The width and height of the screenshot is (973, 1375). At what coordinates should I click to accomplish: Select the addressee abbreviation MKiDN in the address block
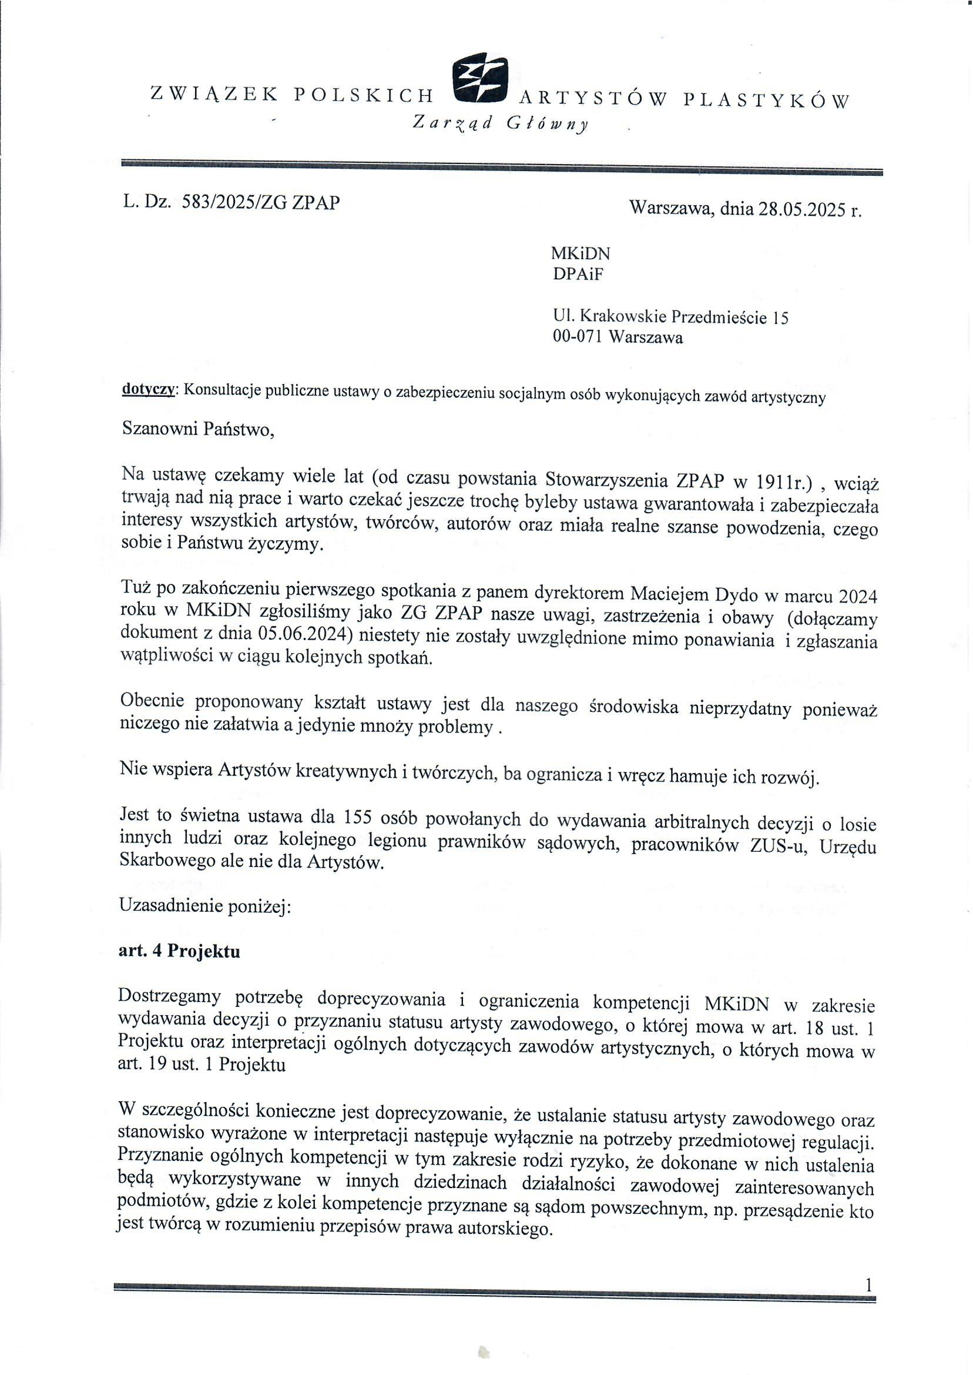coord(580,253)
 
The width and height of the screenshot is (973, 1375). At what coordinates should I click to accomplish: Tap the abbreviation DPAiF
coord(578,274)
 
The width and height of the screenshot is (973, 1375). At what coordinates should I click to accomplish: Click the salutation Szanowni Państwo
coord(198,429)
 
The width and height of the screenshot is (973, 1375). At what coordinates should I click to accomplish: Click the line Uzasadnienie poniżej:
coord(205,906)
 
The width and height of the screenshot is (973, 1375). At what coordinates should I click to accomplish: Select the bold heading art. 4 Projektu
coord(180,952)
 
